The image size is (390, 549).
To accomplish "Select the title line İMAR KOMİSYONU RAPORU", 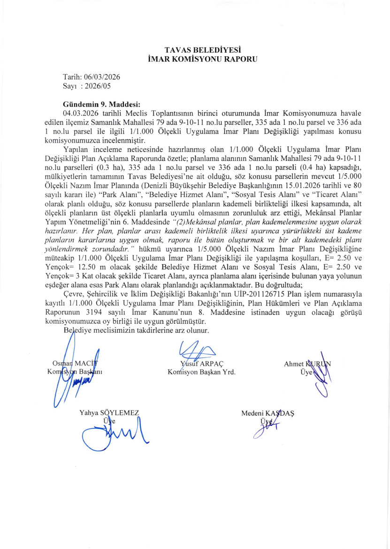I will (195, 59).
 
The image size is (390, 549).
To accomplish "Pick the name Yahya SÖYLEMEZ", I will (110, 413).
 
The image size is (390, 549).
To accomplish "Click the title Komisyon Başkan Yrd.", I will (202, 373).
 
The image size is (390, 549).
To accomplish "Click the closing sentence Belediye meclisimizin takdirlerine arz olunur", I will (136, 330).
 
